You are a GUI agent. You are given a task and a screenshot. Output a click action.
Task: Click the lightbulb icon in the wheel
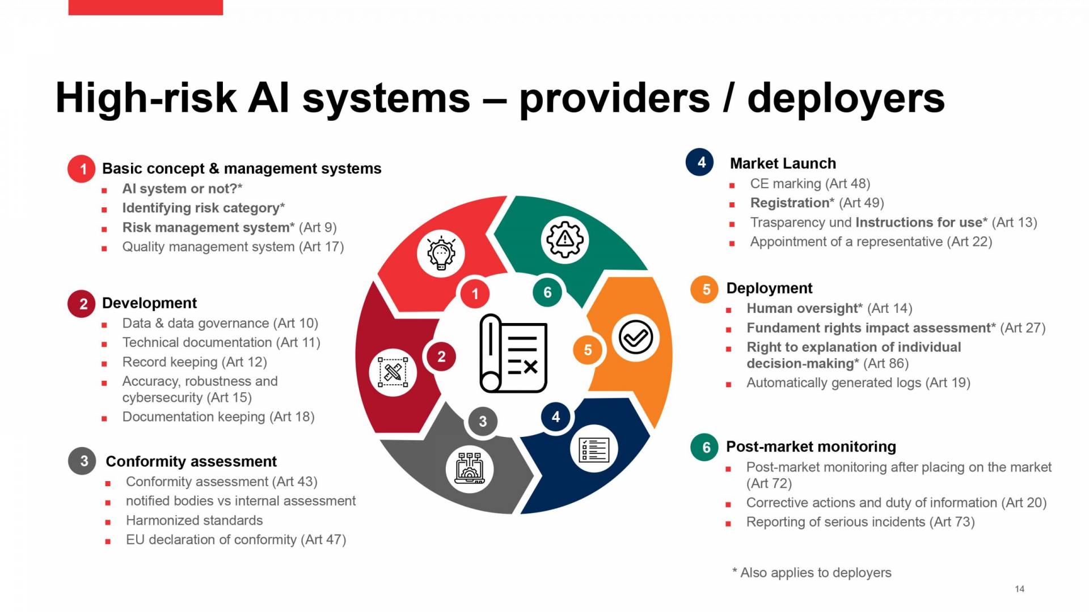441,253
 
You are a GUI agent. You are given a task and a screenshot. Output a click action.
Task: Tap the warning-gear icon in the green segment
564,239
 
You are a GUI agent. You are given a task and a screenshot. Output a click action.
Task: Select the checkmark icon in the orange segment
635,338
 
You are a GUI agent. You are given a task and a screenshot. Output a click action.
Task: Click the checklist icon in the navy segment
594,450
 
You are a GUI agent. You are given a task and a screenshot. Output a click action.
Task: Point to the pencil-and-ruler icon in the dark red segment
392,372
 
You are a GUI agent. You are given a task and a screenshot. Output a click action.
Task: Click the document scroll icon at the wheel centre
513,354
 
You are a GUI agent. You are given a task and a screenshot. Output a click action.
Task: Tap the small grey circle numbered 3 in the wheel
483,421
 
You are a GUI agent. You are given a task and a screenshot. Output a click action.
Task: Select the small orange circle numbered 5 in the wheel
588,350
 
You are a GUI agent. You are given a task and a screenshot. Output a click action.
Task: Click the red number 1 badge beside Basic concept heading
82,169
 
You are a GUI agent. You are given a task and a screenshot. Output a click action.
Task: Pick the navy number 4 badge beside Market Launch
701,163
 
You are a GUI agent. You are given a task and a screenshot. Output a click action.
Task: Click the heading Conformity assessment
191,461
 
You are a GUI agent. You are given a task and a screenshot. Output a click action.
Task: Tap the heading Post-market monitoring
811,447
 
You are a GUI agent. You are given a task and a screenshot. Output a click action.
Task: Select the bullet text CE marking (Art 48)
809,184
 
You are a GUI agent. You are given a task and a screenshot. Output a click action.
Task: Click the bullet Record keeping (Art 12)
194,362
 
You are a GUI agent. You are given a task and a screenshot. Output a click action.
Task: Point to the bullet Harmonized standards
194,520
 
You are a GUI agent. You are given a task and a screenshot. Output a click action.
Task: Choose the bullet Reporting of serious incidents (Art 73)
860,522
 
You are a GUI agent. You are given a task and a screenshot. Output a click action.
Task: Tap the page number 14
1019,589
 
